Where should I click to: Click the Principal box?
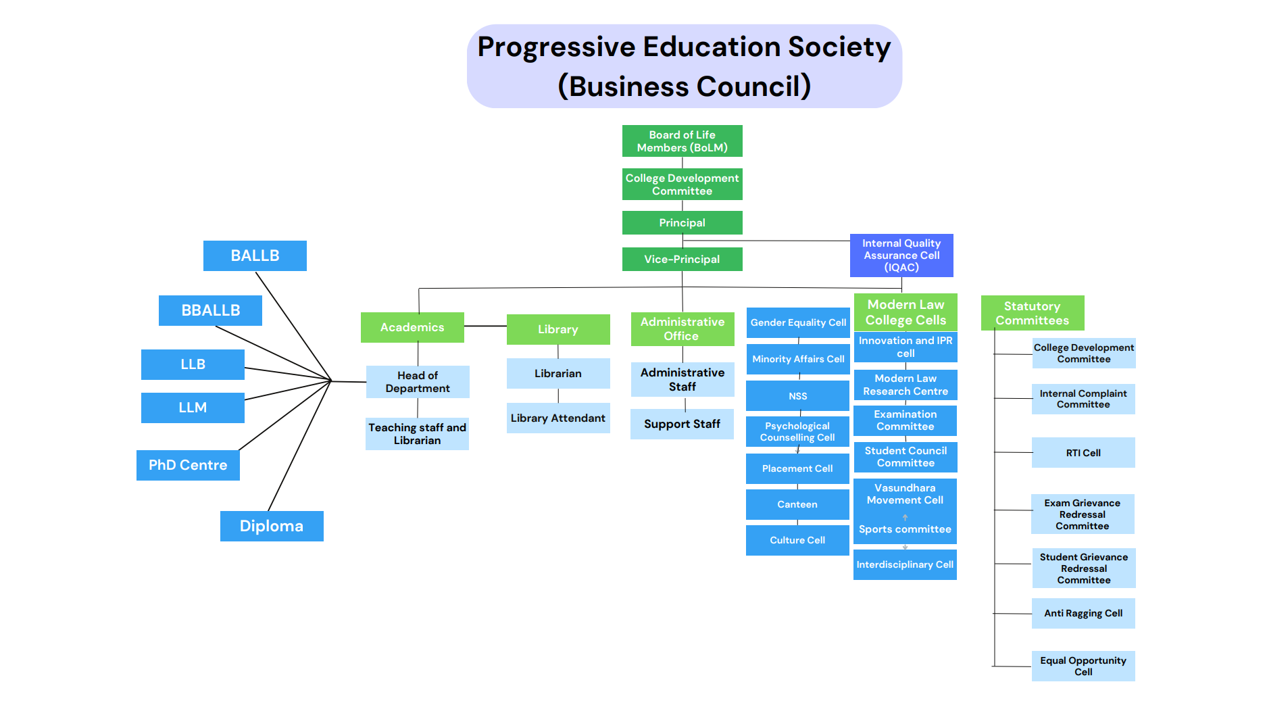pyautogui.click(x=682, y=222)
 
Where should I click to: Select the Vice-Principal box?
pyautogui.click(x=682, y=259)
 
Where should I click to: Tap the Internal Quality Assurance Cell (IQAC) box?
pyautogui.click(x=901, y=255)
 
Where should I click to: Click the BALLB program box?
pyautogui.click(x=255, y=256)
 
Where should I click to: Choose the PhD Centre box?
pyautogui.click(x=188, y=465)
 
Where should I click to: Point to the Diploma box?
pyautogui.click(x=272, y=526)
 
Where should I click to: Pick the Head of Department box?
pyautogui.click(x=418, y=382)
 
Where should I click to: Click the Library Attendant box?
pyautogui.click(x=558, y=418)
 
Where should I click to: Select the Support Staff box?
pyautogui.click(x=682, y=424)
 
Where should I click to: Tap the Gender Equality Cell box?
pyautogui.click(x=798, y=322)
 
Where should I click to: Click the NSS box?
pyautogui.click(x=797, y=396)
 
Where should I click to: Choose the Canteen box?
pyautogui.click(x=797, y=504)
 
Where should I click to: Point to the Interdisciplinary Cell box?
pyautogui.click(x=905, y=564)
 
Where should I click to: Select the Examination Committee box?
pyautogui.click(x=906, y=420)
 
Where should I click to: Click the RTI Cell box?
pyautogui.click(x=1083, y=453)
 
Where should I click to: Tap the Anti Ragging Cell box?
pyautogui.click(x=1083, y=613)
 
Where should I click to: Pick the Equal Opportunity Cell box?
pyautogui.click(x=1083, y=666)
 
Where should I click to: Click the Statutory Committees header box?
pyautogui.click(x=1033, y=313)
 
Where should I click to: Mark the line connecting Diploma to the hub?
pyautogui.click(x=299, y=446)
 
